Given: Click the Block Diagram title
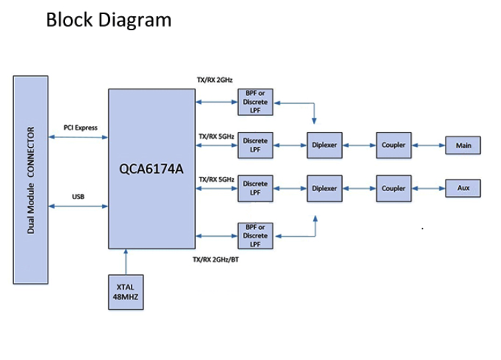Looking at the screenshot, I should point(109,19).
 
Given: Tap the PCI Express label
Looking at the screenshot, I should point(80,127).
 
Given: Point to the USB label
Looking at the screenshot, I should point(78,197).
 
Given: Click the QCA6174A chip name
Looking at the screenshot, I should point(152,169).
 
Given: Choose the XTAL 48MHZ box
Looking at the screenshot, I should point(125,292).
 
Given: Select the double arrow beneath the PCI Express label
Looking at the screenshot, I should point(78,137).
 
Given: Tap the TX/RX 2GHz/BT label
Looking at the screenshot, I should point(215,259).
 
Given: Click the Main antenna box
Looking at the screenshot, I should point(463,145).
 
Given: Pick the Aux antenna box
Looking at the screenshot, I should point(463,188).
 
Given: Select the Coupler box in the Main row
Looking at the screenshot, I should point(394,145).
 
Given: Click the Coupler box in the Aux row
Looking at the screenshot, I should point(394,188).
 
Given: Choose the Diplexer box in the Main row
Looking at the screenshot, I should point(324,145).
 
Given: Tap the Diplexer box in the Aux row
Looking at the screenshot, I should point(324,188).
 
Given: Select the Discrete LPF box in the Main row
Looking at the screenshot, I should point(256,145).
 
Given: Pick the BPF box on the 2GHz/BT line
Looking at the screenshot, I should point(256,236).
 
